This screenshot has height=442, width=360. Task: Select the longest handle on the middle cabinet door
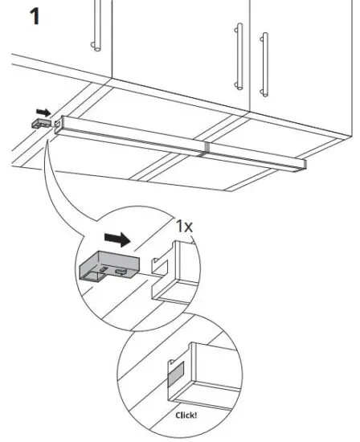click(x=239, y=55)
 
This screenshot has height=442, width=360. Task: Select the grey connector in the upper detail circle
click(x=108, y=264)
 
